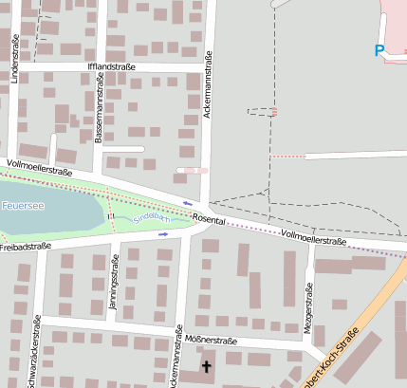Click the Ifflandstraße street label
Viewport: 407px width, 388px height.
(x=111, y=66)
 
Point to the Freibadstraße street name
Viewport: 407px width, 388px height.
(x=25, y=247)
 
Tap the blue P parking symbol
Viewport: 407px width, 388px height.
(x=379, y=51)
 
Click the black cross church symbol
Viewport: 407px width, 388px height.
(x=207, y=365)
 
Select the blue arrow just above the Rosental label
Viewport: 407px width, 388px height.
(x=188, y=203)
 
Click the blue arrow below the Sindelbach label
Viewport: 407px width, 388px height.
(x=163, y=233)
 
